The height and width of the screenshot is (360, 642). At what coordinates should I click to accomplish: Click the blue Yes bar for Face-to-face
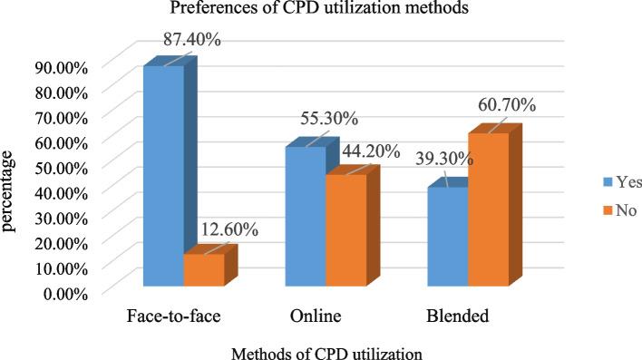click(163, 177)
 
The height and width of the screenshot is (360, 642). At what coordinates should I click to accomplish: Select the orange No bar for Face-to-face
click(203, 271)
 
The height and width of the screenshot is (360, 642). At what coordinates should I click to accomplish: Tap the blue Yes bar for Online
click(306, 218)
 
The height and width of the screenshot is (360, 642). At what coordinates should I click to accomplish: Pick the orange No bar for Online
click(345, 231)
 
